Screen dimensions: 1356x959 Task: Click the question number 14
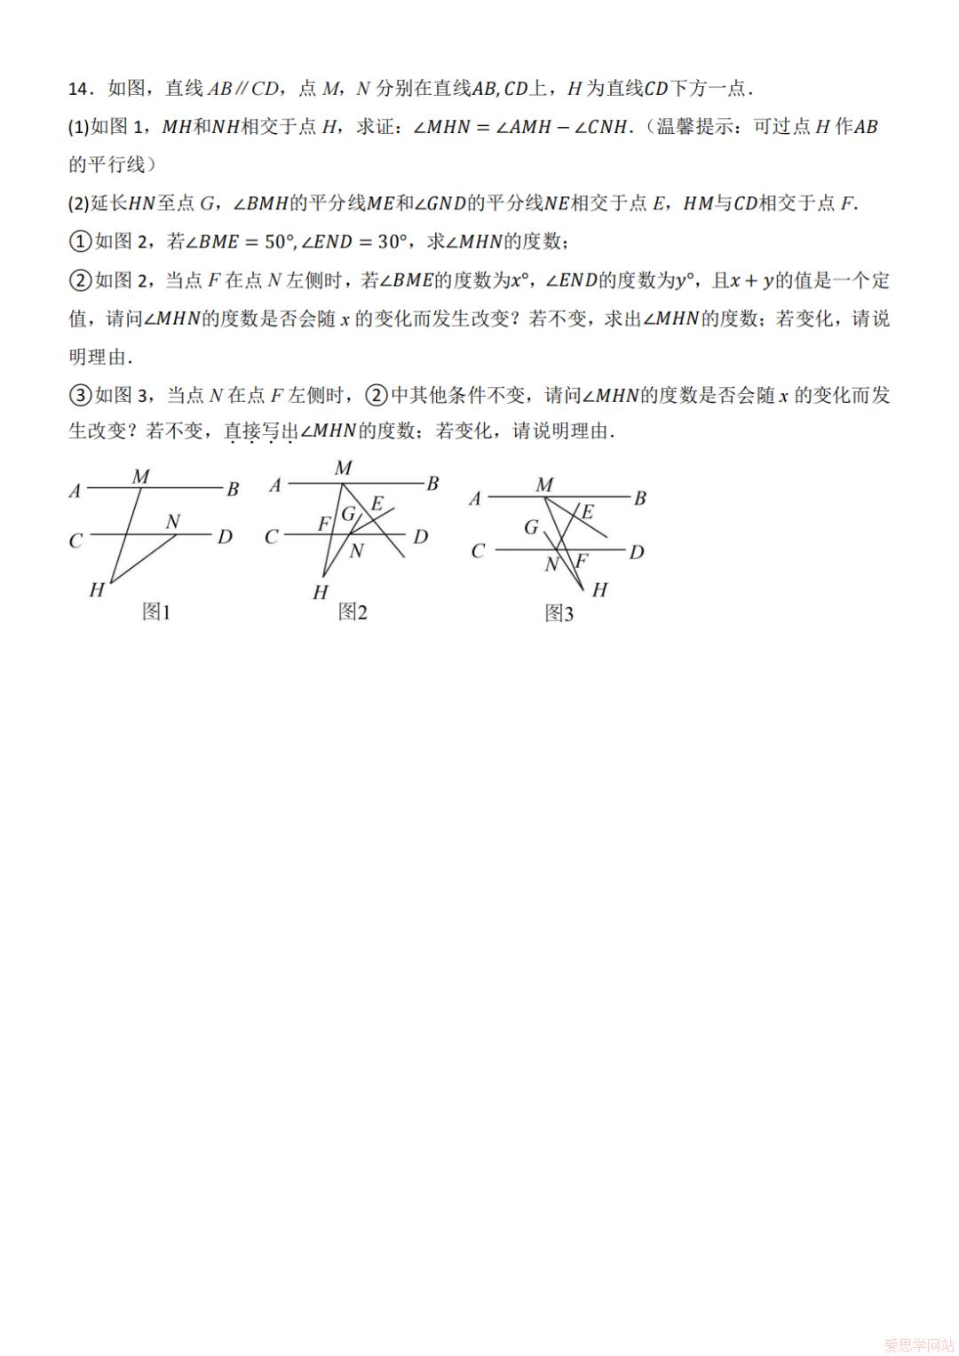coord(79,89)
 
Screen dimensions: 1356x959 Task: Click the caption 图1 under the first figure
coord(156,611)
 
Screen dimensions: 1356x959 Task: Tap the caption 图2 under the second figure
coord(353,611)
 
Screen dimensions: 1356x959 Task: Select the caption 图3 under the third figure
coord(559,613)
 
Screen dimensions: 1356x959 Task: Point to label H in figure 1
coord(97,590)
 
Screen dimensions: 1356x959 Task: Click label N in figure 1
coord(173,522)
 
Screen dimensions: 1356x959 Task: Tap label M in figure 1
coord(140,477)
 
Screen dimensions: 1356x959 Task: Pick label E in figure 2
coord(376,504)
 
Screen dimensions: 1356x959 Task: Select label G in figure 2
coord(348,514)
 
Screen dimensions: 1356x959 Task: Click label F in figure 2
coord(324,524)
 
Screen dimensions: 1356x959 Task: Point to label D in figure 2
coord(421,537)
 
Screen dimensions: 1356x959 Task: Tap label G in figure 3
coord(531,527)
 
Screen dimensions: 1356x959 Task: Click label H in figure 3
coord(599,590)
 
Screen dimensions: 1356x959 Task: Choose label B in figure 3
coord(639,499)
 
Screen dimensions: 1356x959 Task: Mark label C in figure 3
coord(478,552)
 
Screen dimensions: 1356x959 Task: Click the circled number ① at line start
coord(80,241)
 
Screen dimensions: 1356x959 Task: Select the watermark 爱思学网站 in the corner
coord(919,1345)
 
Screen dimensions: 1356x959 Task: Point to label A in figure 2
coord(275,485)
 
